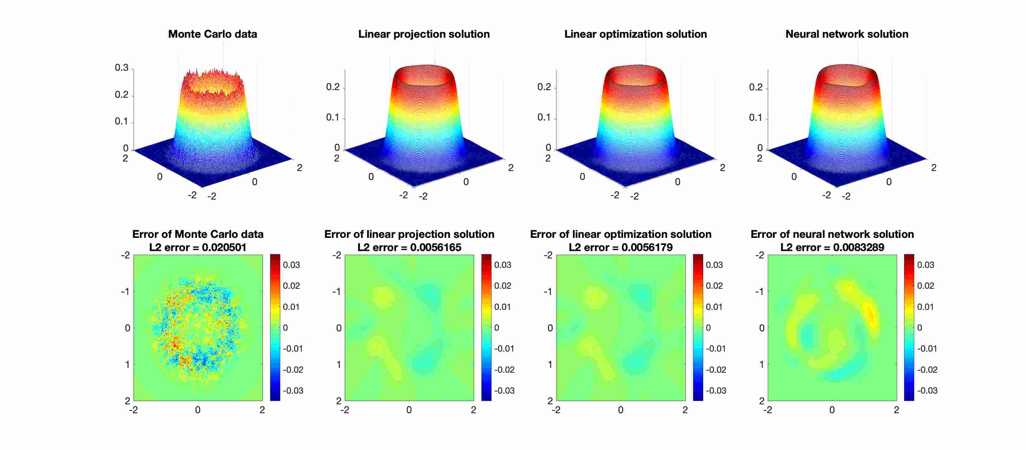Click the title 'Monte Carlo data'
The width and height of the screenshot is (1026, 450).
tap(212, 34)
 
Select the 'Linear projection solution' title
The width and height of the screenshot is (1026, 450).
tap(424, 34)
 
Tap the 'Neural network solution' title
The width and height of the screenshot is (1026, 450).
tap(847, 34)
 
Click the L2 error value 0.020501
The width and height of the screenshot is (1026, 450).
tap(224, 247)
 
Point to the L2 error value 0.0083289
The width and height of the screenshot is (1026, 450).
tap(858, 247)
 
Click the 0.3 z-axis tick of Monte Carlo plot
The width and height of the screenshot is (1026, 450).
tap(122, 68)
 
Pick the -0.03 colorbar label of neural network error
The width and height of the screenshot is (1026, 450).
tap(927, 391)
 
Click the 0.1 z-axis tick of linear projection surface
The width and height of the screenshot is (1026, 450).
tap(333, 118)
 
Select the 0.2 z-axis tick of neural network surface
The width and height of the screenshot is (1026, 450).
tap(756, 87)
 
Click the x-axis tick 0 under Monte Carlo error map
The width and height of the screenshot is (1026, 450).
tap(198, 410)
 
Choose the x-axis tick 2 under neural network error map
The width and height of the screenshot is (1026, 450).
tap(896, 410)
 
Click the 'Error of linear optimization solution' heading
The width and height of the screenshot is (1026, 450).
tap(621, 235)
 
